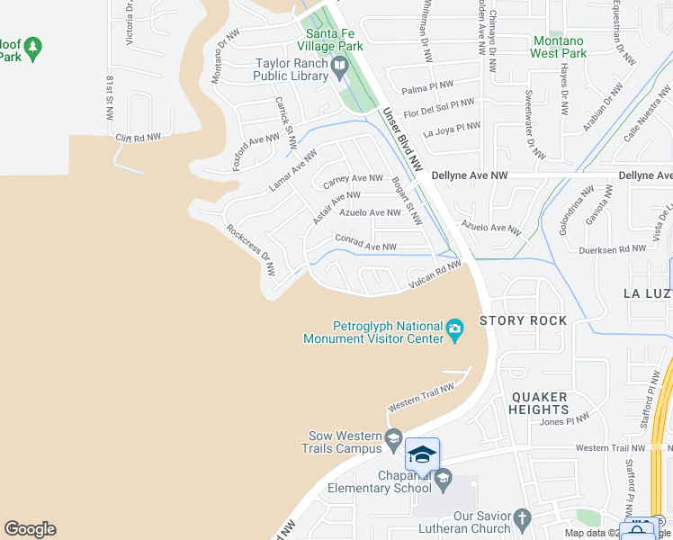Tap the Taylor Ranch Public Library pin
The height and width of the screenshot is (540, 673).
[339, 66]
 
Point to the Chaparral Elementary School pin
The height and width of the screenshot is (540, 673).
[443, 481]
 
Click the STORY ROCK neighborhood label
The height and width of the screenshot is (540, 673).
[524, 320]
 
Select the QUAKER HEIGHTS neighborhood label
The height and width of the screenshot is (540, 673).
[540, 402]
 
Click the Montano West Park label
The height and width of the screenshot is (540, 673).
[558, 47]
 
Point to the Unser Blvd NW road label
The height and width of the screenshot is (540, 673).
[402, 139]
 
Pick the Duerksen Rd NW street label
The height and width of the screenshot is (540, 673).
[613, 250]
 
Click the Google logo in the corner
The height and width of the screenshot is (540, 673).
[30, 529]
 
